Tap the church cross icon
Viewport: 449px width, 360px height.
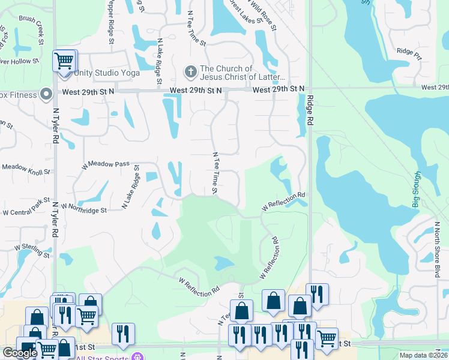[190, 73]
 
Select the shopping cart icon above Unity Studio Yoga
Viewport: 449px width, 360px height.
[64, 60]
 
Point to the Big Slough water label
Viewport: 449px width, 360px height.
[416, 191]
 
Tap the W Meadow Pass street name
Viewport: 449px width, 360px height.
[106, 163]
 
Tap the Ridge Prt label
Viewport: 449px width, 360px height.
[409, 53]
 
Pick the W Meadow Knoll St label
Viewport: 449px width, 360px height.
[25, 169]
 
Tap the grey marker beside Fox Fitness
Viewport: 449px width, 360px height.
[46, 94]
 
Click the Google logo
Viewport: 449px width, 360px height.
[19, 353]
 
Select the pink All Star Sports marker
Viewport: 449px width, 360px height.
[139, 358]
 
